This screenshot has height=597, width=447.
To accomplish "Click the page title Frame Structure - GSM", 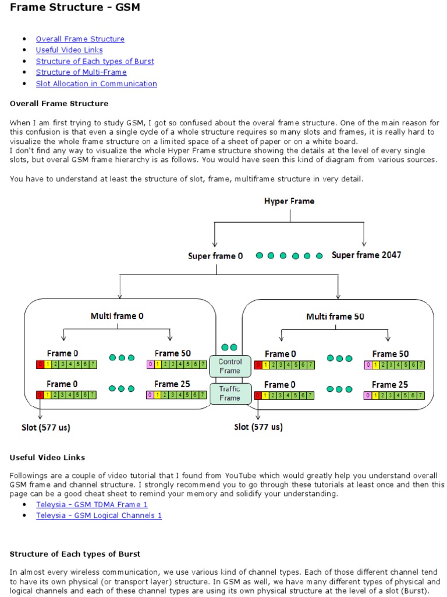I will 74,8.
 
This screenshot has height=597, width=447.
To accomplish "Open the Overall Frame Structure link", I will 80,39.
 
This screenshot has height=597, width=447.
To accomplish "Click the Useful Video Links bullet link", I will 69,50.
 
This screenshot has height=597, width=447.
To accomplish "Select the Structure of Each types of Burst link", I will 95,61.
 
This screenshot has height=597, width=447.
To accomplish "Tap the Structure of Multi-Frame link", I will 81,72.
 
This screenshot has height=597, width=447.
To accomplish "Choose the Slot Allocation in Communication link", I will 96,83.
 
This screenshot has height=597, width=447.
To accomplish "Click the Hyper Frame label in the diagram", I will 289,201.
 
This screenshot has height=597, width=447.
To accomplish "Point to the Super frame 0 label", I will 215,256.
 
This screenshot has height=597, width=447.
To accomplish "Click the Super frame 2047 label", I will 366,255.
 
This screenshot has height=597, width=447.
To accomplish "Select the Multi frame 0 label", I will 117,316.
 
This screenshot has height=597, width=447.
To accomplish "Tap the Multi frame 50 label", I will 335,317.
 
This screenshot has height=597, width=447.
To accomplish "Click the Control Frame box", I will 230,366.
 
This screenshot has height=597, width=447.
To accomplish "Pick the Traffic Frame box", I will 230,394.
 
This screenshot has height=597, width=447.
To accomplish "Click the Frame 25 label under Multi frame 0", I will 172,384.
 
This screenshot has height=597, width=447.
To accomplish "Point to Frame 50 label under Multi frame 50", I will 391,354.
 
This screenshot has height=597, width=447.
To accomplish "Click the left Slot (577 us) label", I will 46,427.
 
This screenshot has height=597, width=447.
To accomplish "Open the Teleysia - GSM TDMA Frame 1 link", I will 92,504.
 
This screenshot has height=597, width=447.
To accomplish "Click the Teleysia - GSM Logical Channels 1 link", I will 99,515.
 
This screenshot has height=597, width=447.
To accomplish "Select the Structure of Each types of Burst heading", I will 75,554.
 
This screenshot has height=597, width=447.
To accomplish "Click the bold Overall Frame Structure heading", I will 59,103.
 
